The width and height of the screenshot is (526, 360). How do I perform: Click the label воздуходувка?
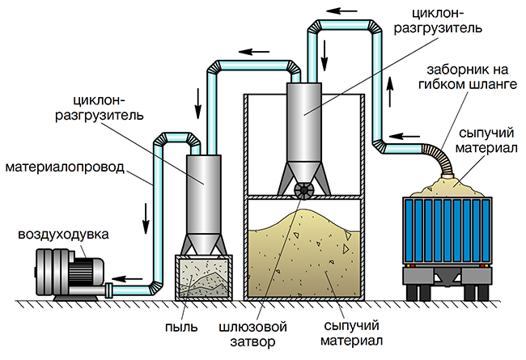point(63,234)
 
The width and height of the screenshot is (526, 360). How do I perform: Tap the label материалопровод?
point(65,167)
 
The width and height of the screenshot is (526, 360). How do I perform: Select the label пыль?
point(181,326)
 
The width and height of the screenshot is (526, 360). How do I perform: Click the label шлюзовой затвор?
point(252,334)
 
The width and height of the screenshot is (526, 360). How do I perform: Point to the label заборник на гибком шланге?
point(468,77)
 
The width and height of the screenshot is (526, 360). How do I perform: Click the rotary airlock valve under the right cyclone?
point(304,191)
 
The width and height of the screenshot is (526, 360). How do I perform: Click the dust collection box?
point(204,277)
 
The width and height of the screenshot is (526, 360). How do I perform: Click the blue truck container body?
point(448,231)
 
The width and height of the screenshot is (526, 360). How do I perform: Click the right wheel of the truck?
point(475,293)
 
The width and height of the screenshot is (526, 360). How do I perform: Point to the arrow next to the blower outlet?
point(127,278)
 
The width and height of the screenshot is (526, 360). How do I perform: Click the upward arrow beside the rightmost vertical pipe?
point(390,91)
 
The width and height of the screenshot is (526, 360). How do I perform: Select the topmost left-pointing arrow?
point(341,11)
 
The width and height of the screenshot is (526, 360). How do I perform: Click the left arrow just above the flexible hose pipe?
point(405,136)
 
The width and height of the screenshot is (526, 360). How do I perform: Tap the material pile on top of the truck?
point(447,188)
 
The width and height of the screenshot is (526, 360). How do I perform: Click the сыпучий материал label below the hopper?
point(351,333)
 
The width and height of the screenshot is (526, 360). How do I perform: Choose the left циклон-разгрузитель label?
point(100,108)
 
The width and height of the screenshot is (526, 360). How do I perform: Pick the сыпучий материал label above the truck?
point(486,140)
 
